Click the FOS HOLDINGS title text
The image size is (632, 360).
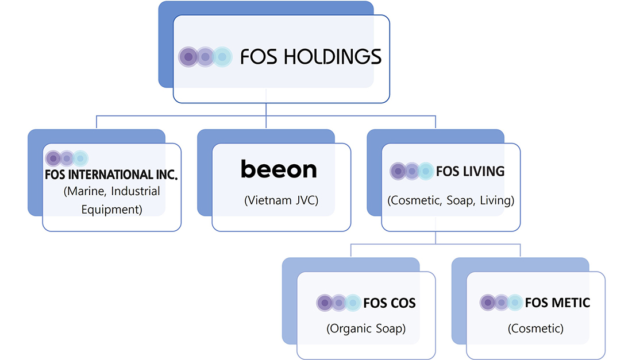tap(311, 56)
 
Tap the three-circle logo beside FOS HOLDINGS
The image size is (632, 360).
tap(205, 57)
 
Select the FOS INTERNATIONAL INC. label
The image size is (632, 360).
tap(111, 175)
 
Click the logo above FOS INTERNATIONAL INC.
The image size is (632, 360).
tap(67, 158)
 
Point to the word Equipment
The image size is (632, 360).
tap(111, 209)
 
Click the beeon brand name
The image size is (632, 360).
tap(279, 169)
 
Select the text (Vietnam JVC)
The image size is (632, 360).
tap(281, 200)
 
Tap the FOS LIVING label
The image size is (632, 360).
tap(470, 171)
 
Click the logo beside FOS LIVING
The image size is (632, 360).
tap(411, 171)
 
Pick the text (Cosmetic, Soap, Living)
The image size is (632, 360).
tap(451, 201)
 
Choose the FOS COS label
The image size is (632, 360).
tap(390, 303)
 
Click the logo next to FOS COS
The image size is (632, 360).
tap(338, 303)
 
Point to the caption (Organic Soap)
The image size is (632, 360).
tap(366, 329)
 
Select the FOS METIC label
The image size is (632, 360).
tap(557, 302)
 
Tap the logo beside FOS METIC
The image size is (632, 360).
tap(501, 302)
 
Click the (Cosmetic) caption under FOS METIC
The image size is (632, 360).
tap(535, 329)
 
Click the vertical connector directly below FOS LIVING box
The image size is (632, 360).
tap(436, 238)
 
